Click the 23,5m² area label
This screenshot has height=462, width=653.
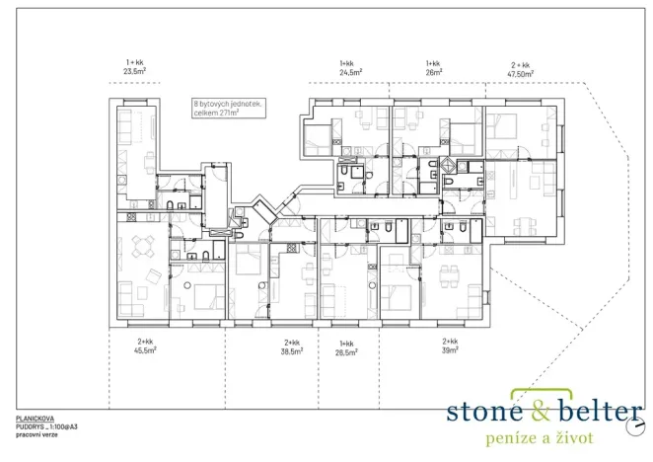click(134, 71)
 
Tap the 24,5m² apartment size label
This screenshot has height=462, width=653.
click(351, 72)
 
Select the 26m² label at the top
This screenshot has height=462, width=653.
click(434, 72)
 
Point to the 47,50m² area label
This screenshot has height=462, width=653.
click(520, 74)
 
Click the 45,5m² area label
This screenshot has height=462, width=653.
click(145, 349)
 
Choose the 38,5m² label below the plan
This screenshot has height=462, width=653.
click(292, 351)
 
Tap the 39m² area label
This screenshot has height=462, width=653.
click(450, 350)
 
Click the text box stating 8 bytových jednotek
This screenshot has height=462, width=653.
click(229, 109)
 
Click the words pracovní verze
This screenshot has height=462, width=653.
click(36, 435)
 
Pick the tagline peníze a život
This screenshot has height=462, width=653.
click(540, 438)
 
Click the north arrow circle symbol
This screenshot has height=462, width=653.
click(634, 427)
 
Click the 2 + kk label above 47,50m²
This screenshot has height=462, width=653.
click(520, 65)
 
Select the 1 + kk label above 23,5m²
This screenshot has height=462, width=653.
click(134, 63)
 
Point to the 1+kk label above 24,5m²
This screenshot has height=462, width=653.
click(346, 63)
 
